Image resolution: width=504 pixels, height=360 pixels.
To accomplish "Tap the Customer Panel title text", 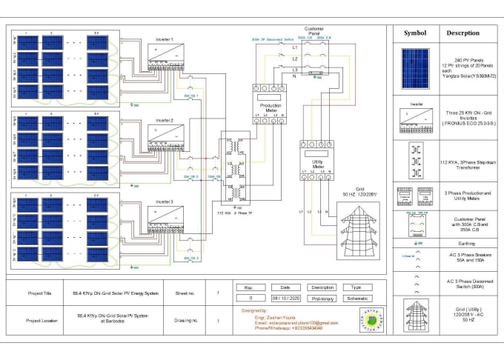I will point(314,31).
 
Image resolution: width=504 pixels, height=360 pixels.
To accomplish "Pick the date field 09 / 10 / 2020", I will point(285,299).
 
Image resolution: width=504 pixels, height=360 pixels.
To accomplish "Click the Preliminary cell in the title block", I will point(323,299).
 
